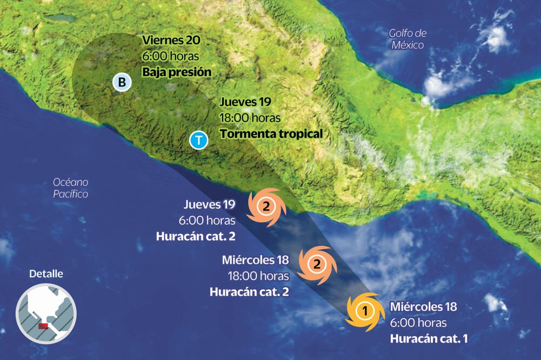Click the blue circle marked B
(x=122, y=83)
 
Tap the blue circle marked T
(x=199, y=141)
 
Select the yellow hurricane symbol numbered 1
(x=365, y=311)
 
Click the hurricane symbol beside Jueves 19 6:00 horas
(x=265, y=206)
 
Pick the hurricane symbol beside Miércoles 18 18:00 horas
(x=317, y=264)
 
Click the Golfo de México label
(x=408, y=39)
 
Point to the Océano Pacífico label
(x=70, y=188)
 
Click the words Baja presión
(x=177, y=72)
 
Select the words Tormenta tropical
(x=271, y=134)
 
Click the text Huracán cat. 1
(x=429, y=339)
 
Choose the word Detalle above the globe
(x=46, y=274)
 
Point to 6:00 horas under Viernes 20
(x=170, y=56)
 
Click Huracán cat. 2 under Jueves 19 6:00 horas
(x=196, y=236)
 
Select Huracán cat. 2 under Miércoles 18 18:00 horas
(x=249, y=292)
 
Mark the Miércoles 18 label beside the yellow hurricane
(x=423, y=307)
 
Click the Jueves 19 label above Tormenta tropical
(x=245, y=102)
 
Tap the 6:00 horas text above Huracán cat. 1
(x=418, y=323)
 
